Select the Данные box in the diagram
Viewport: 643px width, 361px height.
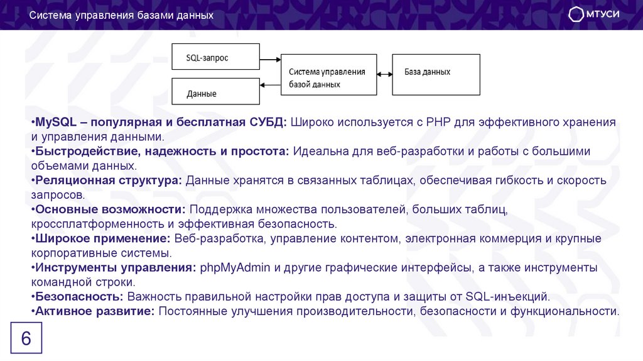point(215,92)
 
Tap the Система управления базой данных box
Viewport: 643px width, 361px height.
point(328,74)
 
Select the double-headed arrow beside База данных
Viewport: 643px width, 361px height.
point(384,74)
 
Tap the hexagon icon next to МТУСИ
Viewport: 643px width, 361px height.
point(576,15)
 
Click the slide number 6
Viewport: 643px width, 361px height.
point(26,339)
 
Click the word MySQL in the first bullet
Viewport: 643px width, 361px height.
point(55,121)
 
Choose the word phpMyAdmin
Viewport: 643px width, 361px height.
point(235,267)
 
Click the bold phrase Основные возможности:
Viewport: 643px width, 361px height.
point(111,209)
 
